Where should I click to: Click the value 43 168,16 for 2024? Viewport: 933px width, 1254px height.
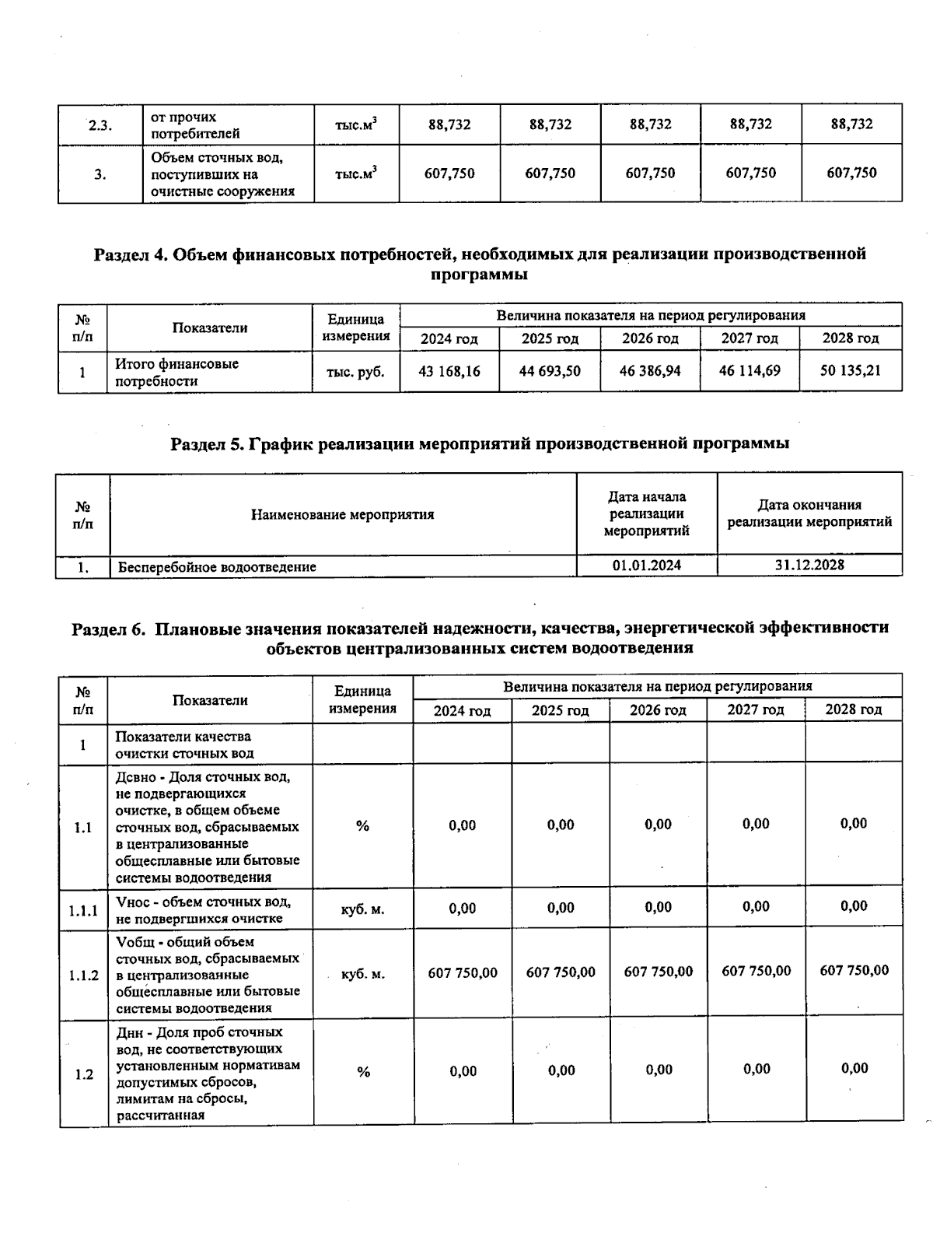pos(449,372)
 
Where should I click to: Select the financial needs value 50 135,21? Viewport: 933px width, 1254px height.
pos(851,370)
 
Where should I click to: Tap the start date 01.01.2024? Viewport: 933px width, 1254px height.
pos(646,566)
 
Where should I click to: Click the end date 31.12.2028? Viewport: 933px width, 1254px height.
pos(809,565)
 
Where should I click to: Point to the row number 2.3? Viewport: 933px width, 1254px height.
pos(99,125)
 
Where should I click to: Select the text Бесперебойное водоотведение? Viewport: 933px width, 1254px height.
pos(217,567)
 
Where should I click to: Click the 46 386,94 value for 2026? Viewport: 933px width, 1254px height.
pos(650,371)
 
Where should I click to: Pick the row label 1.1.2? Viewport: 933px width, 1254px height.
pos(83,975)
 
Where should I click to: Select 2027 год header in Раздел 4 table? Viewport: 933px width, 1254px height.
pos(750,338)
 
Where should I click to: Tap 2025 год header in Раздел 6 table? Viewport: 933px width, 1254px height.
pos(560,710)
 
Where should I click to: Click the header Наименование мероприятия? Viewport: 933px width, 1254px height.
pos(342,515)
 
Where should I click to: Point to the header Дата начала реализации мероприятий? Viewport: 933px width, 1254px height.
pos(646,514)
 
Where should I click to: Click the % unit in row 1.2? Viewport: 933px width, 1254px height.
pos(363,1072)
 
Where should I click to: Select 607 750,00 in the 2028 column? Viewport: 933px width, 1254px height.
pos(854,971)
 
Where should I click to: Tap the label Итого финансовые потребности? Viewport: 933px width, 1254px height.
pos(176,373)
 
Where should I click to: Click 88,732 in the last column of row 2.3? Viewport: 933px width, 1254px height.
pos(851,124)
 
